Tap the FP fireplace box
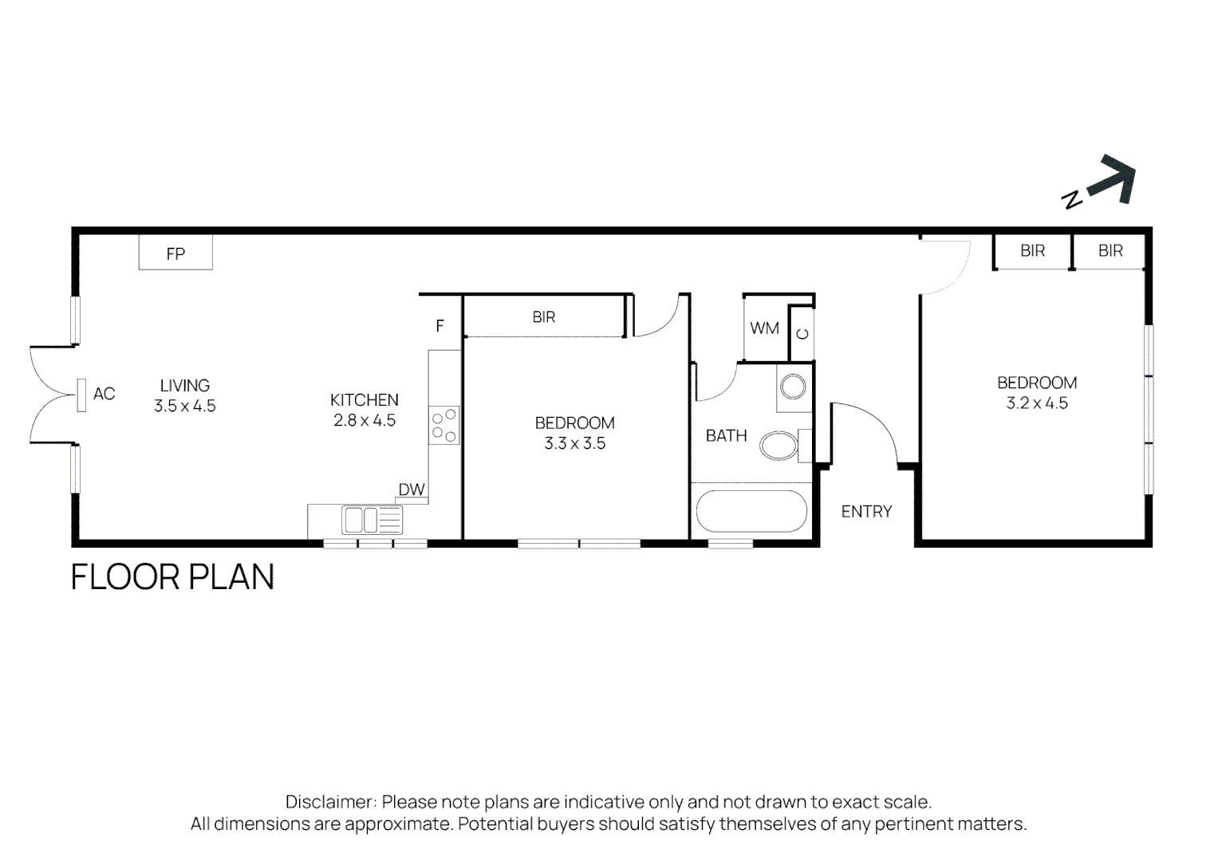point(175,254)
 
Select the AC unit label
point(104,394)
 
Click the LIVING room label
point(184,385)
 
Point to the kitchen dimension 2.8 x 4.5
point(365,420)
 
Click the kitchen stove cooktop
point(444,425)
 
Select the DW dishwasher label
point(412,489)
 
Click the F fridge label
point(440,326)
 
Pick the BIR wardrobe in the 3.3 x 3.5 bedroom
point(544,317)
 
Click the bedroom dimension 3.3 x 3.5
point(574,443)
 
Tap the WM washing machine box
point(764,328)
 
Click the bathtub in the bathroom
point(751,511)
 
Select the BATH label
point(726,435)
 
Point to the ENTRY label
point(866,512)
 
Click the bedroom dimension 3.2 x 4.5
point(1037,403)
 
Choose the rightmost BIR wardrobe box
point(1110,251)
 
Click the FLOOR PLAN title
point(172,577)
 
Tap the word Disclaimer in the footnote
point(330,802)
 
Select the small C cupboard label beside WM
point(802,333)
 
